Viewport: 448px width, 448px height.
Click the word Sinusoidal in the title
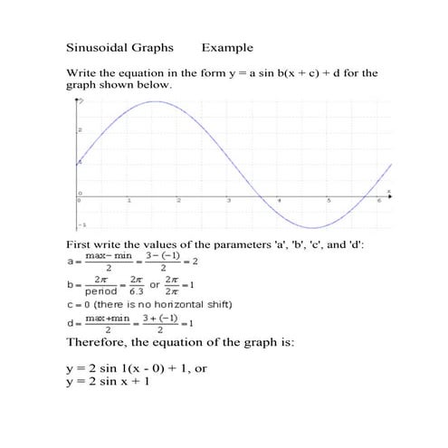97,47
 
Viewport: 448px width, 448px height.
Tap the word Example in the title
227,47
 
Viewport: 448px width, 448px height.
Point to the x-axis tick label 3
229,200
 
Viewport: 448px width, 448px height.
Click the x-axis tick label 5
329,200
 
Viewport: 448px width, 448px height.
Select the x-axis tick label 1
129,200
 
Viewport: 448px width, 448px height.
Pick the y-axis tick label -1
81,224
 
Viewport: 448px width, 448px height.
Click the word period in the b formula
100,292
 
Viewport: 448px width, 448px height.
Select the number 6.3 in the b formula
137,292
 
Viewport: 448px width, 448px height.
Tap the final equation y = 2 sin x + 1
108,381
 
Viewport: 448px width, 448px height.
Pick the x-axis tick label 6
378,200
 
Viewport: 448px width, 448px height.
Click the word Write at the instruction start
81,72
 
